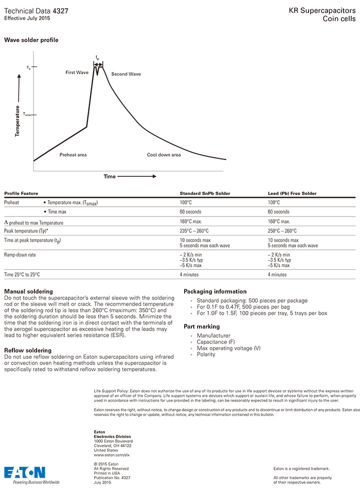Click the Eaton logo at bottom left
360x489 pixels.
coord(25,473)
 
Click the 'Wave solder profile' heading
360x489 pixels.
coord(31,40)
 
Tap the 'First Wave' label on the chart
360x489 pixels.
coord(77,73)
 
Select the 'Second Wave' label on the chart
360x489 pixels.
coord(126,74)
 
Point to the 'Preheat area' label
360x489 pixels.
coord(73,154)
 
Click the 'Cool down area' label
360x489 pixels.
coord(164,154)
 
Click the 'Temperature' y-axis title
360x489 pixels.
coord(17,120)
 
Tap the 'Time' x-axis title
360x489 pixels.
coord(110,176)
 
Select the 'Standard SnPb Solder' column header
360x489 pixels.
coord(205,193)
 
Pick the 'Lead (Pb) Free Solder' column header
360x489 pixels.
coord(292,193)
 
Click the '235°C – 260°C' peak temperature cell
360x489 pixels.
coord(194,231)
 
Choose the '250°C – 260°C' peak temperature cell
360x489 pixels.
coord(282,231)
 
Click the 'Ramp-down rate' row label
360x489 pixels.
coord(20,255)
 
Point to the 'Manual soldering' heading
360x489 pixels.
coord(28,292)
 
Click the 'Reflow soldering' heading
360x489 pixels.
coord(28,350)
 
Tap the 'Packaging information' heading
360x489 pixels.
coord(215,292)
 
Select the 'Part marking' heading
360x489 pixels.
coord(202,327)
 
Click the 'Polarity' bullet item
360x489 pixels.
coord(206,354)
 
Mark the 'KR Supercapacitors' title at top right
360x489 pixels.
coord(322,10)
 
